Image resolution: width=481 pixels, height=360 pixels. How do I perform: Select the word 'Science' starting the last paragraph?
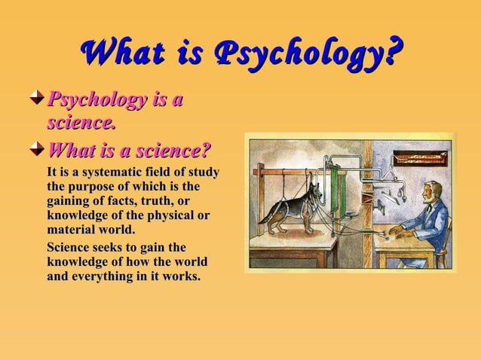(70, 248)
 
